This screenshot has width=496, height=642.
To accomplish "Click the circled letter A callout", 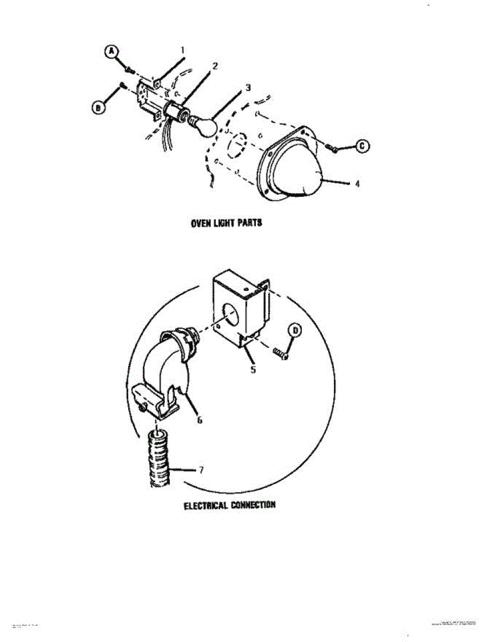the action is (x=111, y=51).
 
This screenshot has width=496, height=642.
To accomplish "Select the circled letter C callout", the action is (x=362, y=146).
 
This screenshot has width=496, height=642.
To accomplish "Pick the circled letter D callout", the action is (x=294, y=331).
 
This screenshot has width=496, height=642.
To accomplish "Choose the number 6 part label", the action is (x=200, y=420).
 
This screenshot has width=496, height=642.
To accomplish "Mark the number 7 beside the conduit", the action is (x=201, y=470).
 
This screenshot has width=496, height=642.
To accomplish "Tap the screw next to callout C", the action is (x=332, y=148).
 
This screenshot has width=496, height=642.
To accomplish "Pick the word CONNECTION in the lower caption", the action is (x=253, y=505).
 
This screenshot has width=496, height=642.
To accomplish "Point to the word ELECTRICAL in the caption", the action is (x=206, y=505).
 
